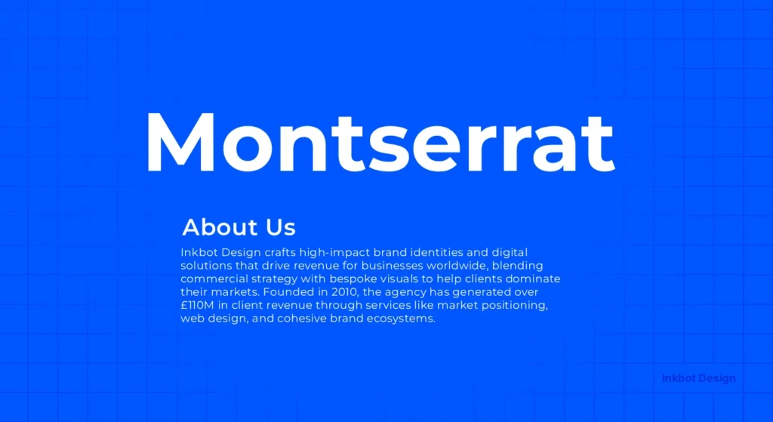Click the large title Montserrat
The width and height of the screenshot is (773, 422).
tap(379, 142)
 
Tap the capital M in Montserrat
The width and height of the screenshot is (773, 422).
tap(178, 142)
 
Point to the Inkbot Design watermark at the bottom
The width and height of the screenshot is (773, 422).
tap(698, 378)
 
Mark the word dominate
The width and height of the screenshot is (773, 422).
tap(534, 279)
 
